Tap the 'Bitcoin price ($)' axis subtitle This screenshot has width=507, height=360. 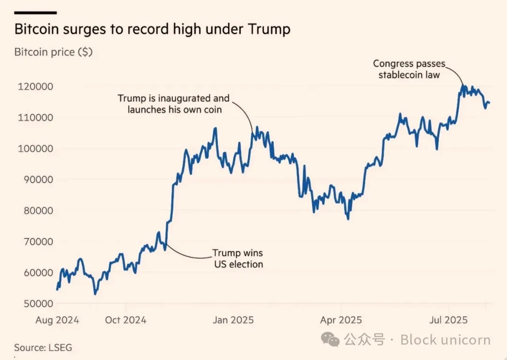54,52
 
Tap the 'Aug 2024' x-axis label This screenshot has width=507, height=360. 57,320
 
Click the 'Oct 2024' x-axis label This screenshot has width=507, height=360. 125,320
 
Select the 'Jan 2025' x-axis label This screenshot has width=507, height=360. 233,320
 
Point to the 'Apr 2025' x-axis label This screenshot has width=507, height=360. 341,320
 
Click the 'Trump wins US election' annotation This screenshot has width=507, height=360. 238,259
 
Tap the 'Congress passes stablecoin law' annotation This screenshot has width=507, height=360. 409,69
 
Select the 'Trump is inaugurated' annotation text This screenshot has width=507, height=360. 174,104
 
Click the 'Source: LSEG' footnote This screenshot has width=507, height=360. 43,348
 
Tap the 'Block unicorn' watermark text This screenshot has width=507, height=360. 445,340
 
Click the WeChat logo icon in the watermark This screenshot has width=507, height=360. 333,339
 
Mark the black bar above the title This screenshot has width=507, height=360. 36,13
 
